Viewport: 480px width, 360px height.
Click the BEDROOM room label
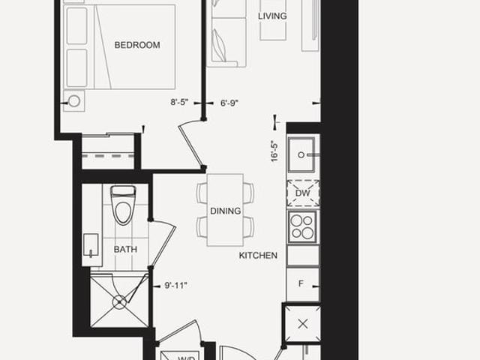137,45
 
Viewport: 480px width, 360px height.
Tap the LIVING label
272,16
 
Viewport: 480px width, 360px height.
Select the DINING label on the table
225,211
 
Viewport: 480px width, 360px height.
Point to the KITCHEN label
258,255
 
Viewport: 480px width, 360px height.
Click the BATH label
125,249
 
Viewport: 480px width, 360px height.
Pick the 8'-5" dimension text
179,102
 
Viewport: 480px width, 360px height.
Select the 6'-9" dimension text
229,103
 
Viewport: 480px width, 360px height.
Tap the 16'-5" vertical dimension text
274,151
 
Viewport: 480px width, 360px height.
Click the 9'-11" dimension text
175,285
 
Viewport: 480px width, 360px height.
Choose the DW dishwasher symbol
303,193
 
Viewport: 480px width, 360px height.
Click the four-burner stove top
302,226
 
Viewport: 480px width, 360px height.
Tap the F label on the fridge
301,283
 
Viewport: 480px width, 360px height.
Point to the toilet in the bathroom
123,205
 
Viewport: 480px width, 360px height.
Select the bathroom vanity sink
91,245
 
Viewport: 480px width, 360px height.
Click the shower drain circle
119,302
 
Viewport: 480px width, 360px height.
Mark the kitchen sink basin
301,155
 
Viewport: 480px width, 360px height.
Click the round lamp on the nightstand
74,101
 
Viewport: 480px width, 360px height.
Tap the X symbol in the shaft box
303,323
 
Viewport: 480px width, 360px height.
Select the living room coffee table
273,20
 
